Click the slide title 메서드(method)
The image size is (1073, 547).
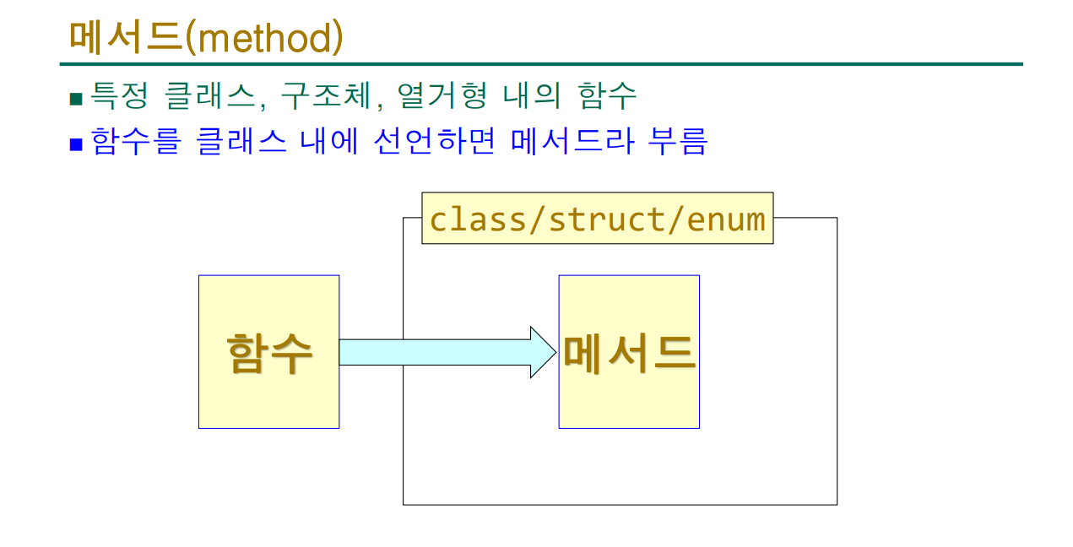tap(206, 37)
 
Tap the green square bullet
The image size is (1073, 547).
tap(76, 99)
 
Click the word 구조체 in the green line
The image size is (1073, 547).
tap(326, 95)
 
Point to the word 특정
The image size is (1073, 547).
tap(118, 95)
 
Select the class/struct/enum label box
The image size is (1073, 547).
tap(597, 219)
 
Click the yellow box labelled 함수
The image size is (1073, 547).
tap(268, 351)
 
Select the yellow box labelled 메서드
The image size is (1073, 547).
tap(629, 351)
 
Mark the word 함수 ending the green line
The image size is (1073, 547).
tap(608, 95)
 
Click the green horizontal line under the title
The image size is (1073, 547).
tap(540, 64)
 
